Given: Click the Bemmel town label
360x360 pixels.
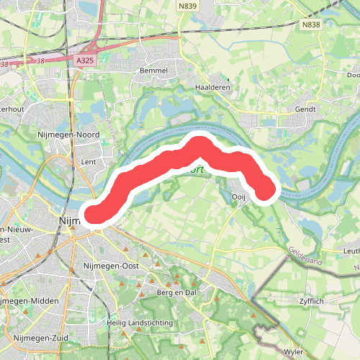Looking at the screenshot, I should (x=156, y=71).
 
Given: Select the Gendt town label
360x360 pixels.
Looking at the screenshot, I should (x=306, y=109).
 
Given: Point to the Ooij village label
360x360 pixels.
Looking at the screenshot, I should (x=240, y=197).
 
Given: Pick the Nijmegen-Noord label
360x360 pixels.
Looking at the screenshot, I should (x=68, y=134).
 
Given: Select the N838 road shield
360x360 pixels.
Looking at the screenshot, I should (x=311, y=24).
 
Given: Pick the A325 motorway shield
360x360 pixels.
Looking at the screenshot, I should (x=85, y=63).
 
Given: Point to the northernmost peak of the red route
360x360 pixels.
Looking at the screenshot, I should (x=198, y=143).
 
